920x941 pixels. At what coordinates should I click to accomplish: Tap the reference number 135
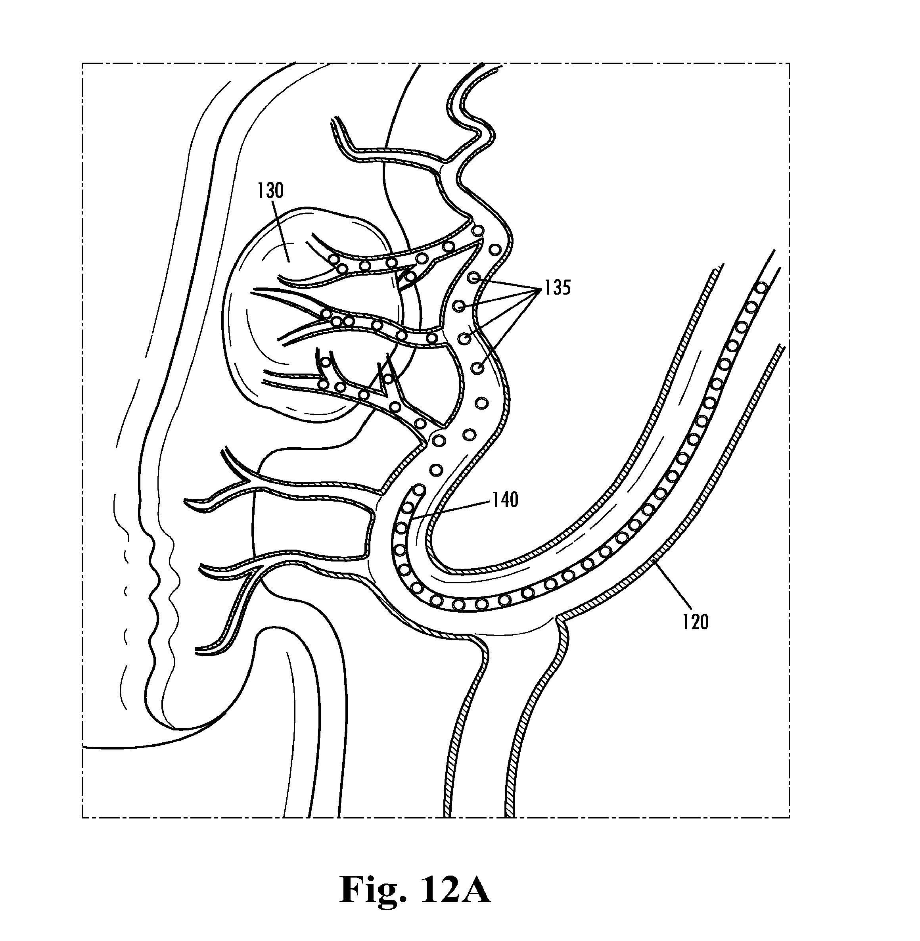[x=558, y=288]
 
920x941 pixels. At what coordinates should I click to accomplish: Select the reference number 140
[x=505, y=500]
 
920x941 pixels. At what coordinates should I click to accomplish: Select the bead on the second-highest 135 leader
[x=459, y=306]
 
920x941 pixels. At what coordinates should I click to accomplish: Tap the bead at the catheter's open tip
[x=418, y=490]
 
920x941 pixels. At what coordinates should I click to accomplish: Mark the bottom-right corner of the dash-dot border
[x=790, y=817]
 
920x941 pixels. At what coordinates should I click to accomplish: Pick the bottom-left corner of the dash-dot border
[x=82, y=817]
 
